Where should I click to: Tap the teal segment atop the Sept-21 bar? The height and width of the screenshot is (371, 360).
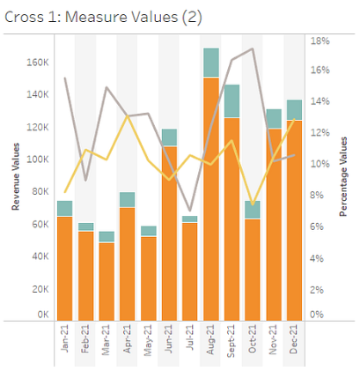click(x=232, y=100)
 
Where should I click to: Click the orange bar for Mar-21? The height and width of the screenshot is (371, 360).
click(x=107, y=281)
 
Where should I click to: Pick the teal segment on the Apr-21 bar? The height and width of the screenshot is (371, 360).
click(x=128, y=199)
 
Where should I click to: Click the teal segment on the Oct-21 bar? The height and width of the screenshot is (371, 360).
click(x=253, y=210)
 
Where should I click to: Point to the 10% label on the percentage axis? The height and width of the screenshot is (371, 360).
click(x=319, y=164)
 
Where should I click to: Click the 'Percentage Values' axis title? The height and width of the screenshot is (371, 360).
click(x=343, y=176)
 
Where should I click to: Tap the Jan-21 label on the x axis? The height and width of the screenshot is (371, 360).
click(x=64, y=340)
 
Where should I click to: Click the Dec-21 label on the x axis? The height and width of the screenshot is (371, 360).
click(x=295, y=340)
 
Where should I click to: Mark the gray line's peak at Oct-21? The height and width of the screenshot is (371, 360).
click(x=253, y=48)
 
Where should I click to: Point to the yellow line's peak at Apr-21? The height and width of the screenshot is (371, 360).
click(x=128, y=115)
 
